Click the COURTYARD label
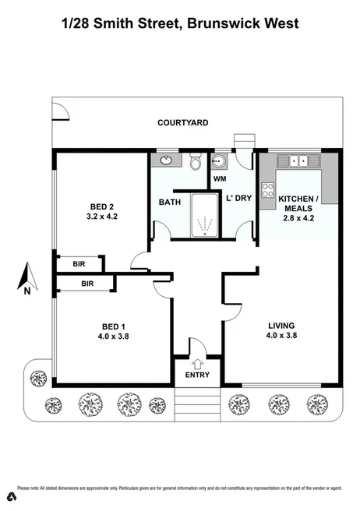(182, 122)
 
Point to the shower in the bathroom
(205, 216)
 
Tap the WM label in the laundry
(219, 178)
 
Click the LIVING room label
(282, 326)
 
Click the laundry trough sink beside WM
(219, 162)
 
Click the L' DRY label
(238, 199)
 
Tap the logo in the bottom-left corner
(11, 495)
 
